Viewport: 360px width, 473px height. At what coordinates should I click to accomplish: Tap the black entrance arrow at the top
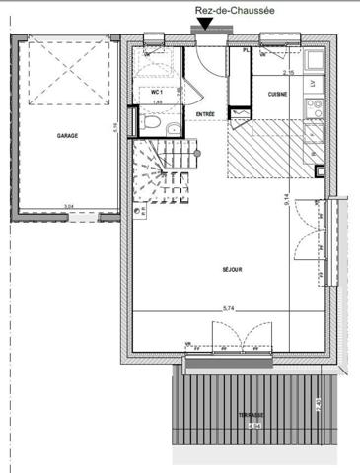(x=202, y=27)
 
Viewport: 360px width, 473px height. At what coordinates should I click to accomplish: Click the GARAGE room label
(x=67, y=136)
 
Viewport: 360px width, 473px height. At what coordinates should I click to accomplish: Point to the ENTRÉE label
(x=205, y=115)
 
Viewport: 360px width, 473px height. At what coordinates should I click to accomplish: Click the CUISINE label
(x=278, y=93)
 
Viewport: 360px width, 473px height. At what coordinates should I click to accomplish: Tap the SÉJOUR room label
(x=233, y=269)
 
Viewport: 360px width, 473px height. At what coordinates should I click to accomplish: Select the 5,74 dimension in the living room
(x=229, y=309)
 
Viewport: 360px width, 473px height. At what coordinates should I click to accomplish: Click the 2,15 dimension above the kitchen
(x=289, y=73)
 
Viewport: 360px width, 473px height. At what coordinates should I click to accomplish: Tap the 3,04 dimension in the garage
(x=67, y=206)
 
